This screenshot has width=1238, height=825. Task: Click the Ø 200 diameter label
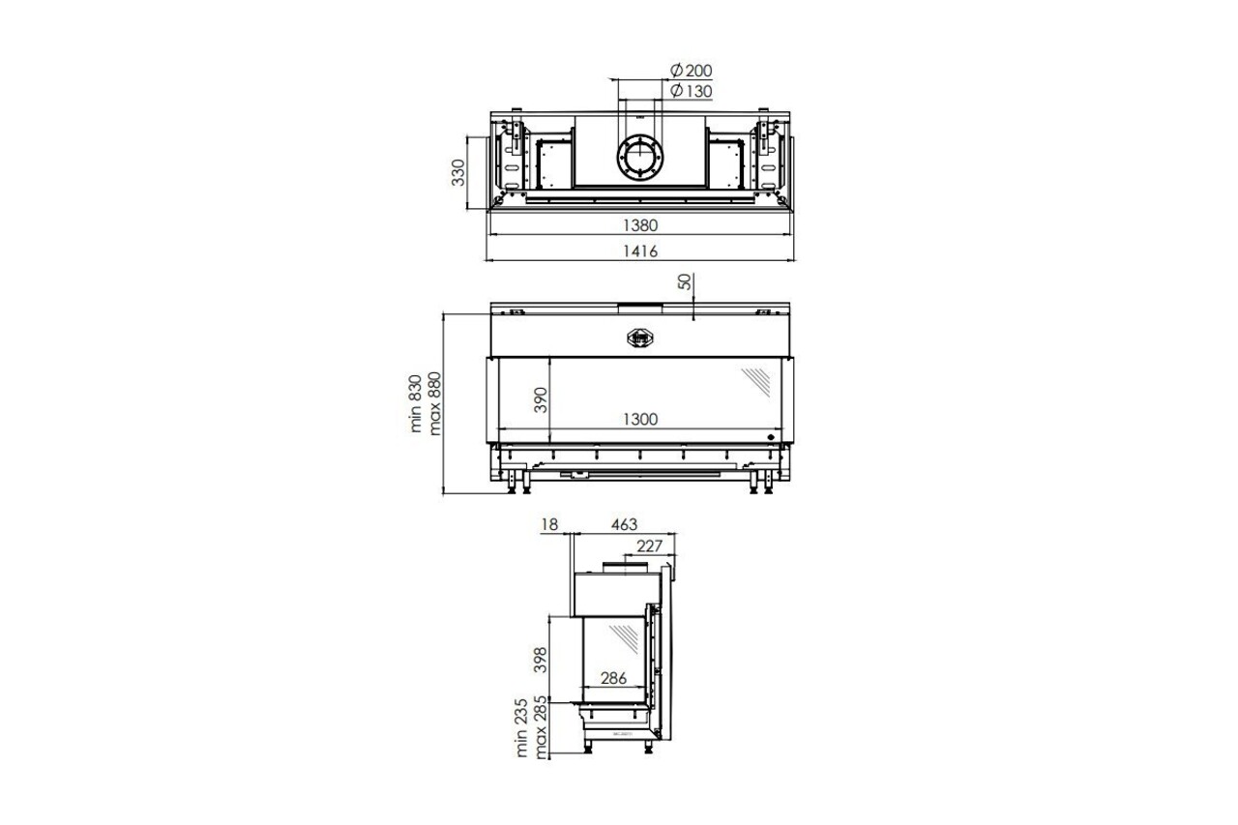coord(691,71)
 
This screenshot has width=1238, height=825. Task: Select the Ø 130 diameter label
coord(691,91)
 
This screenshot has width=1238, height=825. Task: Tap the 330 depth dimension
coord(459,172)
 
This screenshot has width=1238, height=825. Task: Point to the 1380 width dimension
coord(639,225)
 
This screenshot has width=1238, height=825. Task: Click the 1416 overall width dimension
coord(639,251)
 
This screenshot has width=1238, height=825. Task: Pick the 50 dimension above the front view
coord(685,281)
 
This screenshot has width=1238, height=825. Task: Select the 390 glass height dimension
coord(541,398)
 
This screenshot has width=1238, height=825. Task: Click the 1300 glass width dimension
coord(639,419)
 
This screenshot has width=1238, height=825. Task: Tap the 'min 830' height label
coord(416,403)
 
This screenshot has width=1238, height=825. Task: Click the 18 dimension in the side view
coord(550,524)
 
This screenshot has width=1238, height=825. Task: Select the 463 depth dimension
coord(624,524)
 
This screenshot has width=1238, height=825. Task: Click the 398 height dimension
coord(541,659)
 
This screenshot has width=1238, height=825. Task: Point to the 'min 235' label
coord(523,727)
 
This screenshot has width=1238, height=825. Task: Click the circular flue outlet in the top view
coord(639,157)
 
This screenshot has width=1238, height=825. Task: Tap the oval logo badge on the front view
coord(639,338)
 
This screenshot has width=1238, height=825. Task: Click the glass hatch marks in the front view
coord(755,382)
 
